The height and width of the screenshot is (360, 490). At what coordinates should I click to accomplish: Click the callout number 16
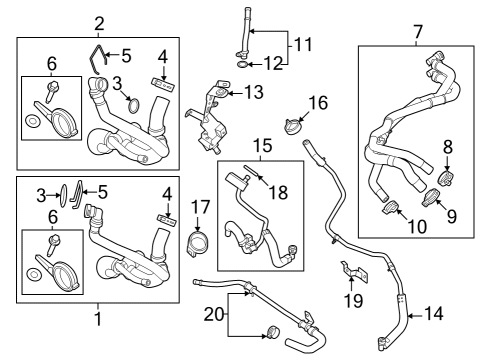tap(317, 102)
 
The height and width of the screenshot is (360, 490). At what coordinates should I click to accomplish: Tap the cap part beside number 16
tap(293, 127)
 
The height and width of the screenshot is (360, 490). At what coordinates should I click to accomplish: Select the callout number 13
tap(254, 92)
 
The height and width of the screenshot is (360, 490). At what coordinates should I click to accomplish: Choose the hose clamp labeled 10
tap(392, 208)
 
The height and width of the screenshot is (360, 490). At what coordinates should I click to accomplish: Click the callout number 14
tap(432, 313)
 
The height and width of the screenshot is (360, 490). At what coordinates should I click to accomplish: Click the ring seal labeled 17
tap(199, 242)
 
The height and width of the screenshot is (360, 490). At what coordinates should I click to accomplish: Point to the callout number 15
tap(261, 147)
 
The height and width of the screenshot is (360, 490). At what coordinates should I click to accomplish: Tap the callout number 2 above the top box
tap(99, 23)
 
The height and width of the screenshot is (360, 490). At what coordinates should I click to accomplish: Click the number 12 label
tap(273, 65)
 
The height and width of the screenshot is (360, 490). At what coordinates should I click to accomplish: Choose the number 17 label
tap(198, 209)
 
